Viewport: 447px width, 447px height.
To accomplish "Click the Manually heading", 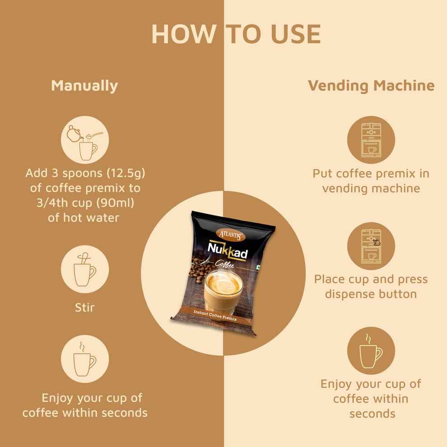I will (84, 85).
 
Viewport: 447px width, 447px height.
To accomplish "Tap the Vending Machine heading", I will (371, 85).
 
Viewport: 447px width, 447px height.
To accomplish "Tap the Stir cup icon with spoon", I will (84, 270).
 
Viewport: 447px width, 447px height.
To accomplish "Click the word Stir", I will (84, 308).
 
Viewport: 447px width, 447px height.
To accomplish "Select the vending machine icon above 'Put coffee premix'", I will (372, 140).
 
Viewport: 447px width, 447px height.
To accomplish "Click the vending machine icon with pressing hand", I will (372, 246).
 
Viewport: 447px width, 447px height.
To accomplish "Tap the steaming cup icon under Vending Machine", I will (372, 352).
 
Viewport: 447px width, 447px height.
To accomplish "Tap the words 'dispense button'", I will (371, 294).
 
